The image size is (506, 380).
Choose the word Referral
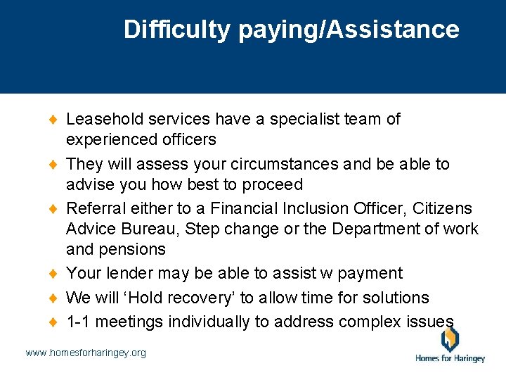point(93,209)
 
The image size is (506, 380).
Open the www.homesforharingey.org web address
point(86,353)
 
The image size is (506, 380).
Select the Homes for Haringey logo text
point(450,358)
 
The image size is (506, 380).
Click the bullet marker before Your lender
point(57,274)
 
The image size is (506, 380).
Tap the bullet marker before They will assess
point(57,165)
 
